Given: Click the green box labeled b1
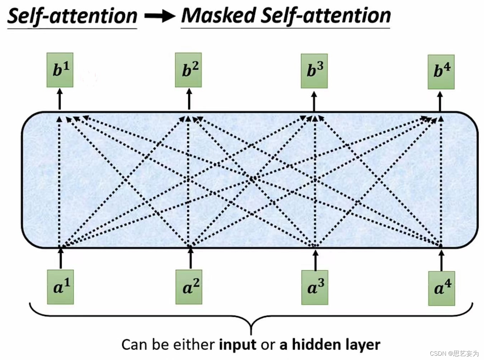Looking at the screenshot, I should pyautogui.click(x=60, y=70).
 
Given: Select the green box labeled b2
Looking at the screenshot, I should pyautogui.click(x=188, y=70).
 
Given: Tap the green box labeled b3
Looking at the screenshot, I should pyautogui.click(x=314, y=71).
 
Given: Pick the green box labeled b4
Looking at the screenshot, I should pyautogui.click(x=441, y=72).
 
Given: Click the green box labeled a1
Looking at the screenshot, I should pyautogui.click(x=61, y=287).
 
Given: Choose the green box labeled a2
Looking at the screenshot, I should pyautogui.click(x=189, y=287).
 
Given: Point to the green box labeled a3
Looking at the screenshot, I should pyautogui.click(x=315, y=288).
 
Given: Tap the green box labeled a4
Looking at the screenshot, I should pyautogui.click(x=441, y=288).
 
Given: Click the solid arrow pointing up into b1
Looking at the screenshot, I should pyautogui.click(x=60, y=100).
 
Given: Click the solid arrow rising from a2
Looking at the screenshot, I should pyautogui.click(x=190, y=258).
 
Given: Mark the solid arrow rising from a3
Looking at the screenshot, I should pyautogui.click(x=315, y=260).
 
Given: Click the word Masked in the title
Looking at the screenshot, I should pyautogui.click(x=218, y=16).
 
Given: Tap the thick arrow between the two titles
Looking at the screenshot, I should pyautogui.click(x=159, y=16).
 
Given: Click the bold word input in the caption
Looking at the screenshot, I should pyautogui.click(x=238, y=345).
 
